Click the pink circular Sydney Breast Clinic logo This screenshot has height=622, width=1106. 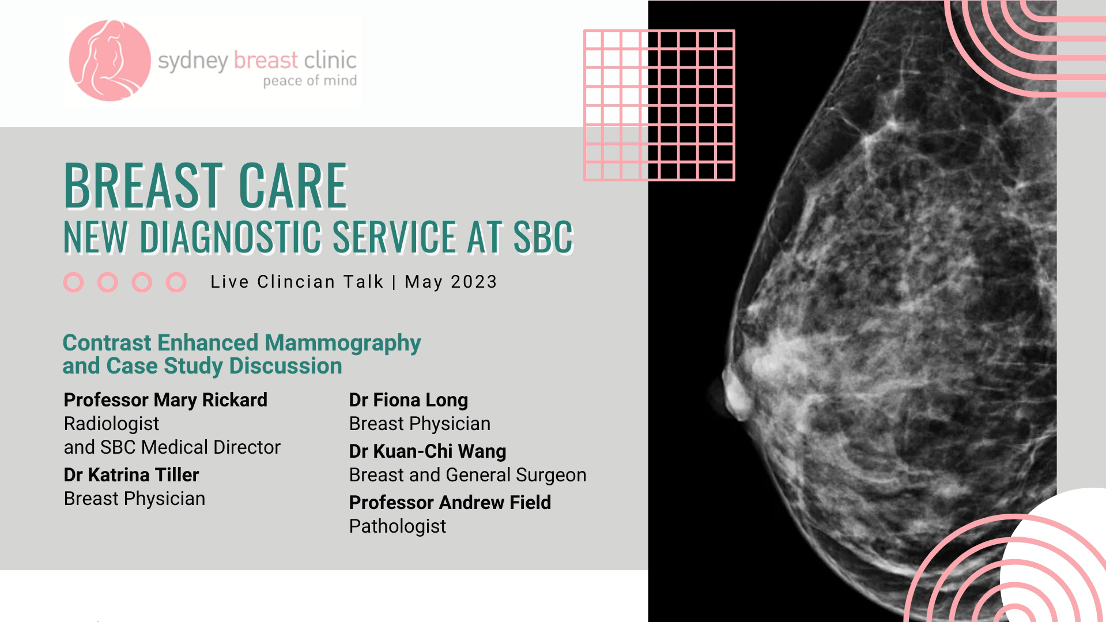(x=110, y=61)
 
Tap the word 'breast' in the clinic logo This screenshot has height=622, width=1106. (x=266, y=60)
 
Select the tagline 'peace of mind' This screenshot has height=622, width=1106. (x=309, y=81)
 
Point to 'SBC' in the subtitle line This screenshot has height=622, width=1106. (x=543, y=236)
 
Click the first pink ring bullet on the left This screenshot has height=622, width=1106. (x=73, y=282)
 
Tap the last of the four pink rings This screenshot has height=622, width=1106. (x=176, y=282)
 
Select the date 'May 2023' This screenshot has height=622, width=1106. (x=451, y=282)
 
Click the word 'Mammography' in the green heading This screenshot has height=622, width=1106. (x=343, y=343)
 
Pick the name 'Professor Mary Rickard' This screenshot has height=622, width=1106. (x=165, y=400)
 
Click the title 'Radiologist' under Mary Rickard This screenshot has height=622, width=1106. (x=111, y=424)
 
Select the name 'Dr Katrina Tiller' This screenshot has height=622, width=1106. (x=131, y=475)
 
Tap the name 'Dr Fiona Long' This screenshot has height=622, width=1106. (x=409, y=400)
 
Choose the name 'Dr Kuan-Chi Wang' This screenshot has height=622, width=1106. (x=428, y=451)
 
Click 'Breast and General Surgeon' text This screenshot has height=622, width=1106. (x=467, y=475)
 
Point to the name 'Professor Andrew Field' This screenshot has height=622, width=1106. (x=450, y=503)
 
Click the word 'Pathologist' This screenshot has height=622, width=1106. (x=398, y=526)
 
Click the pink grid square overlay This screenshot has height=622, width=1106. (x=659, y=105)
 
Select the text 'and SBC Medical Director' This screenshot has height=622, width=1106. (x=172, y=447)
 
